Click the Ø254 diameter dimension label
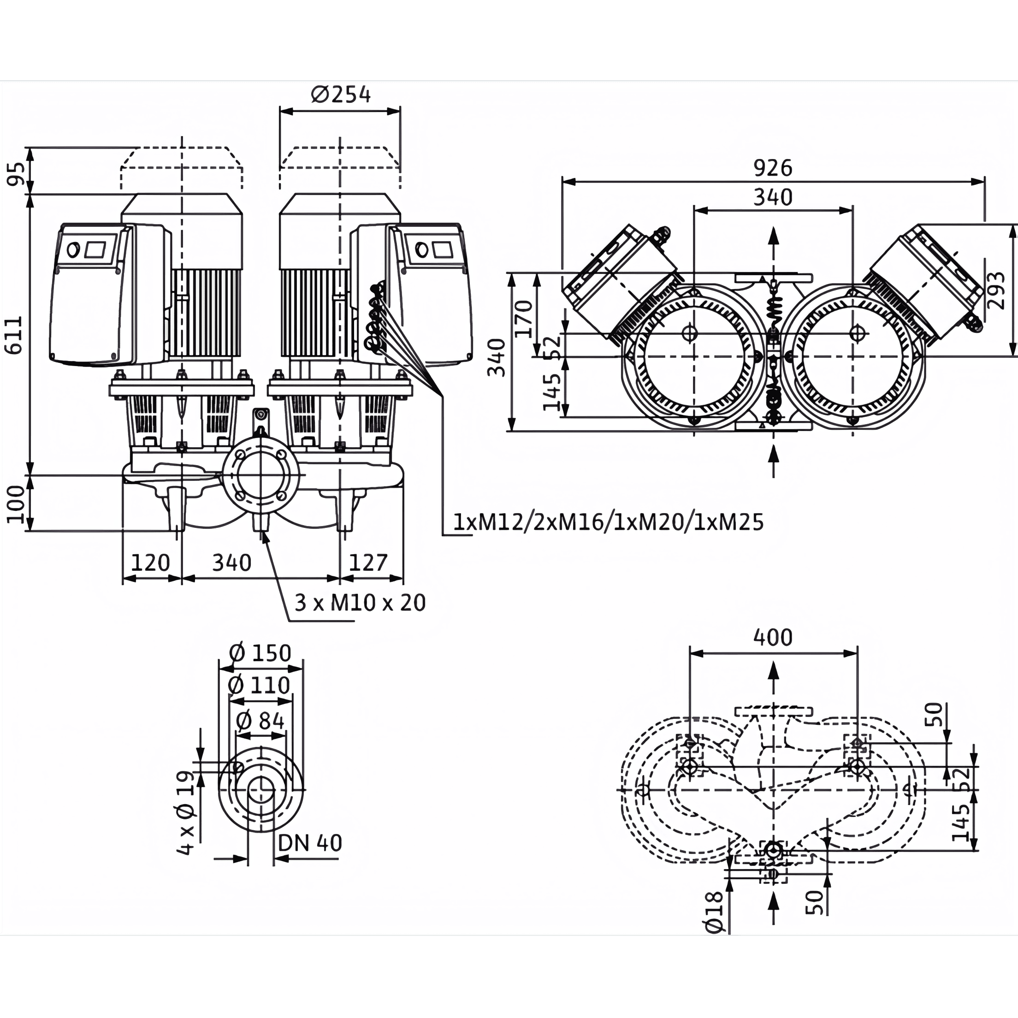[x=341, y=95]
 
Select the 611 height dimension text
[x=14, y=335]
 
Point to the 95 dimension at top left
[x=16, y=174]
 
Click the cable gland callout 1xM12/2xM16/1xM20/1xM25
[x=608, y=522]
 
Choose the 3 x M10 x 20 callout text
[x=360, y=603]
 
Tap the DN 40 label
[x=310, y=843]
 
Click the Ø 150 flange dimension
[x=260, y=653]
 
